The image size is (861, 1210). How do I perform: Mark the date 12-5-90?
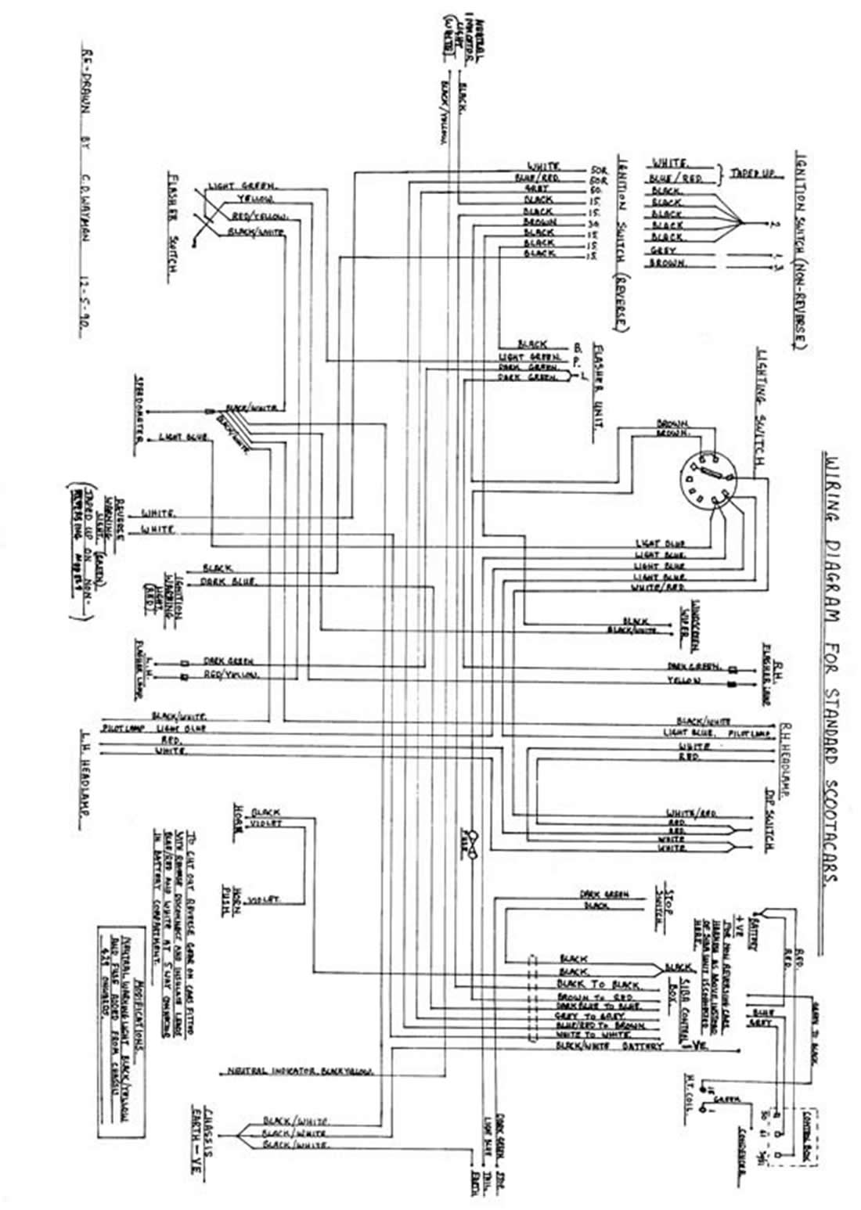point(86,308)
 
